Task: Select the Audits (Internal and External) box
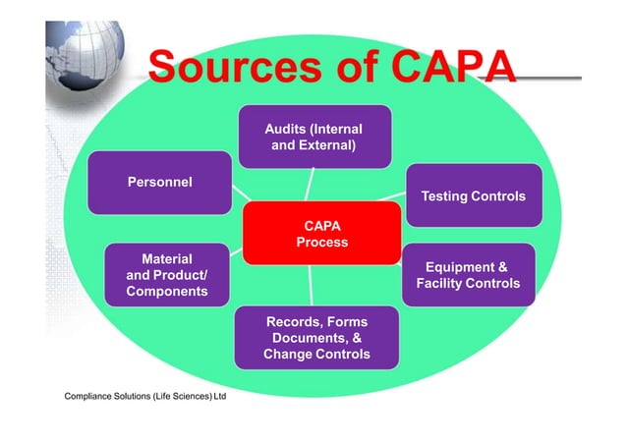tap(313, 138)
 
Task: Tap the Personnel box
tap(159, 182)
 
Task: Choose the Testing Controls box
tap(473, 196)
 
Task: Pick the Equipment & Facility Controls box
tap(467, 275)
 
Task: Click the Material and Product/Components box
tap(167, 276)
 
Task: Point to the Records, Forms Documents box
tap(316, 338)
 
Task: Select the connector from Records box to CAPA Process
tap(313, 286)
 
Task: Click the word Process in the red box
tap(321, 242)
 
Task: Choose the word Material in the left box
tap(167, 259)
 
